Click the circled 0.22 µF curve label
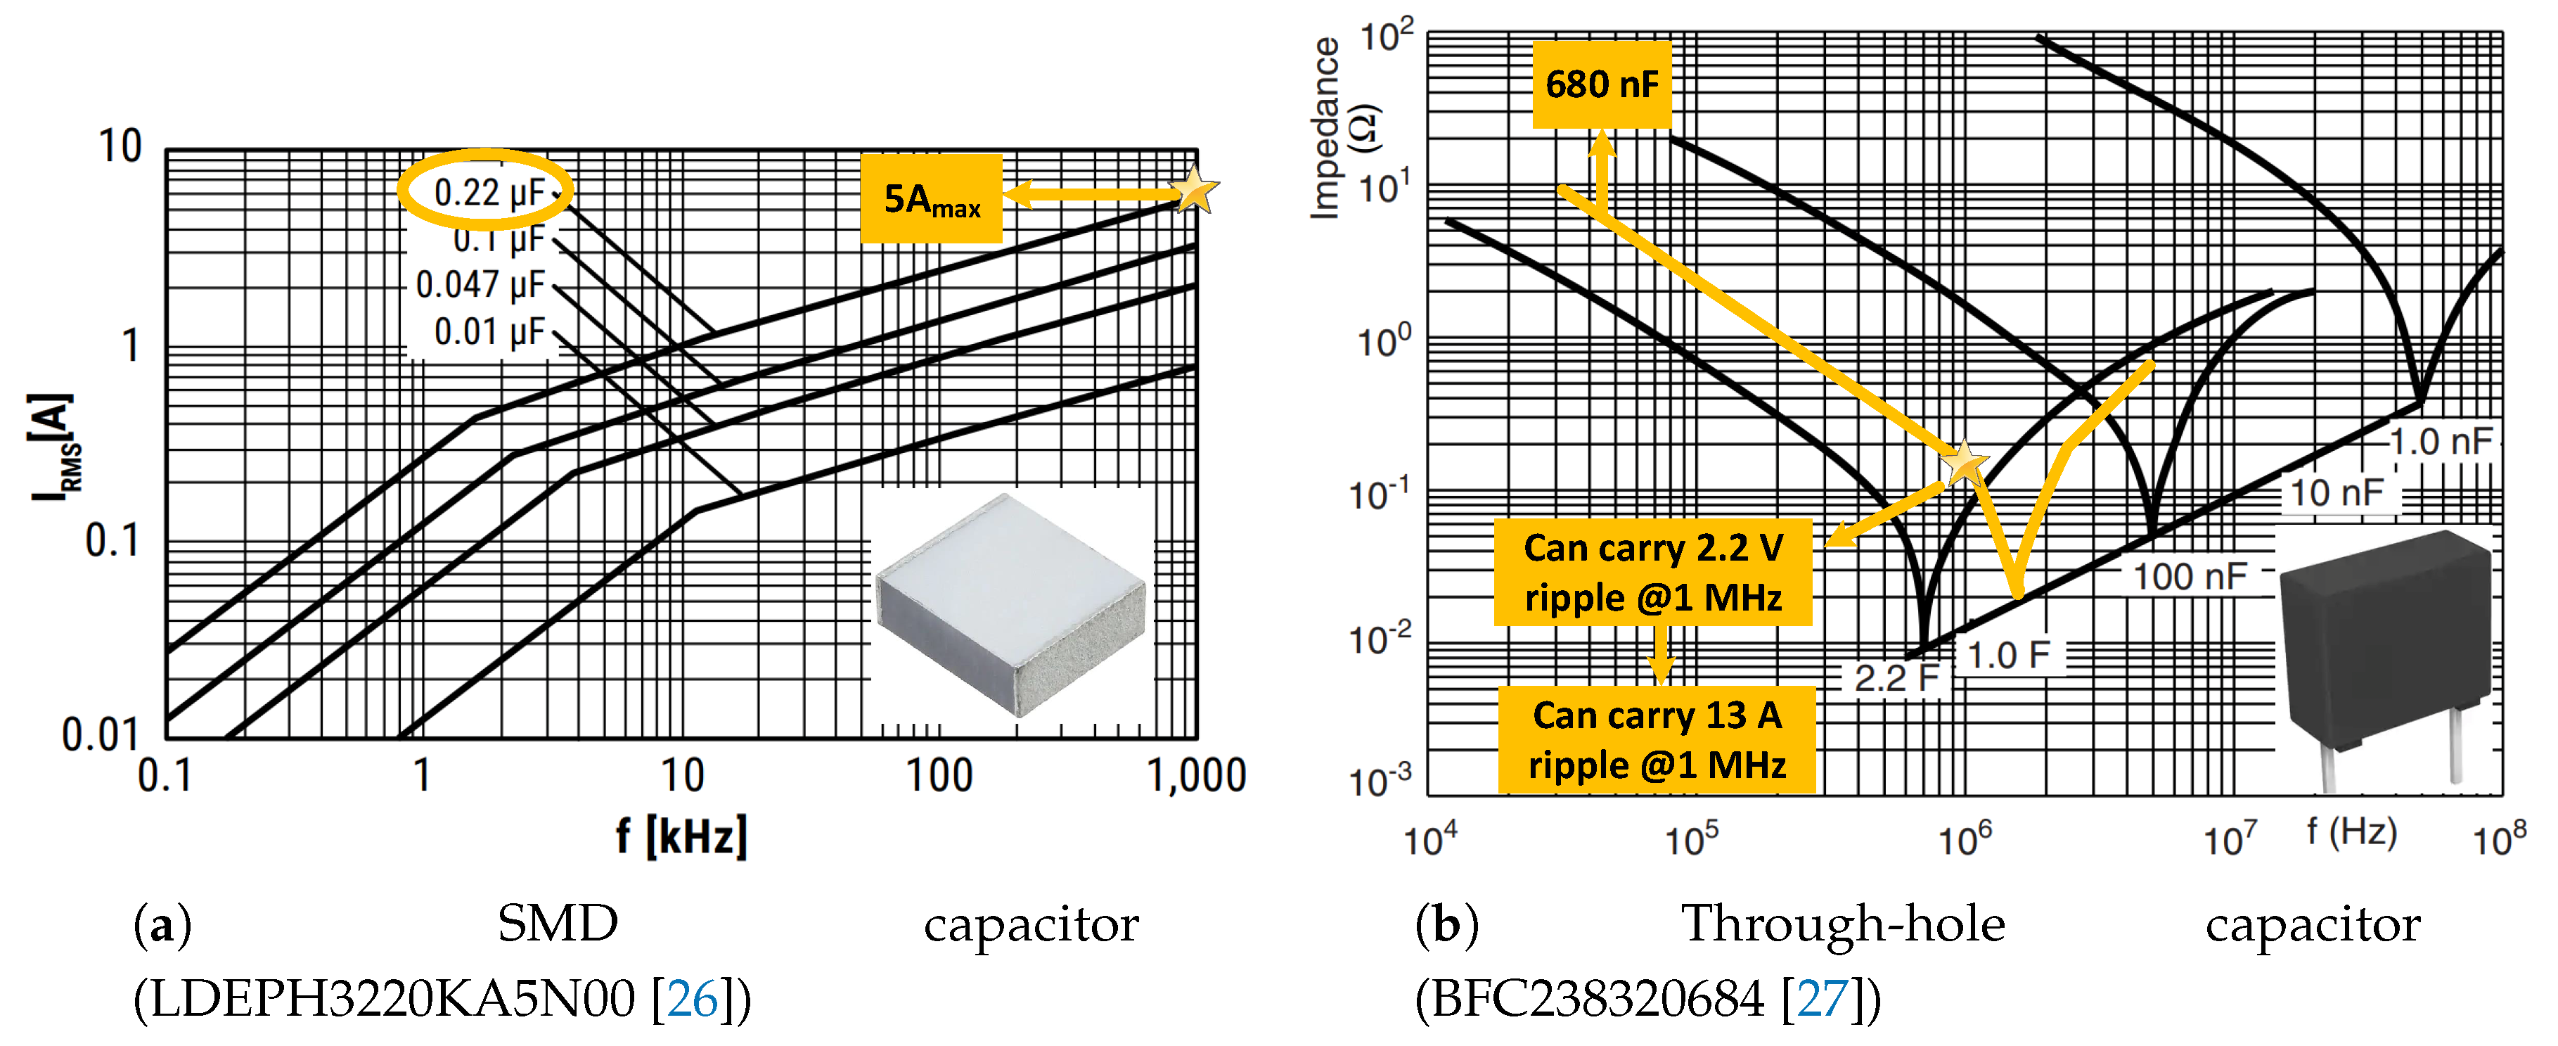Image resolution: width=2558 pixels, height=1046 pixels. tap(487, 191)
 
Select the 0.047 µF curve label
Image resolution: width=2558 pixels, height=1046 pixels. tap(481, 285)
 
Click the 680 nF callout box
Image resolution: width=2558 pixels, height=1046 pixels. tap(1601, 84)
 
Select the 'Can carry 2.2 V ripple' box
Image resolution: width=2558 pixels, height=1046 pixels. tap(1652, 572)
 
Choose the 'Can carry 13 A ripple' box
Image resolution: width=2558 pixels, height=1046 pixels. tap(1657, 740)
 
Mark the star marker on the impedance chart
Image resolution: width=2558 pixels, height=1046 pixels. tap(1963, 463)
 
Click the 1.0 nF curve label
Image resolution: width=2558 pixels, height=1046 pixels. tap(2440, 441)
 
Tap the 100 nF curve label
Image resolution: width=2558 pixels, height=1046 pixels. tap(2190, 576)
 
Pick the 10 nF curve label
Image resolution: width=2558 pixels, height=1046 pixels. tap(2336, 492)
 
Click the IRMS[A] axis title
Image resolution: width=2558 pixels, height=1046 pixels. tap(51, 447)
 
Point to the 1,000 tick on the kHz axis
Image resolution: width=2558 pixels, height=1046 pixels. tap(1197, 774)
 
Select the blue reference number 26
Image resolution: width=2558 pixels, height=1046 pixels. tap(692, 998)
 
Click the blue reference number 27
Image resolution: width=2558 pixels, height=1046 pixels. tap(1823, 998)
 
